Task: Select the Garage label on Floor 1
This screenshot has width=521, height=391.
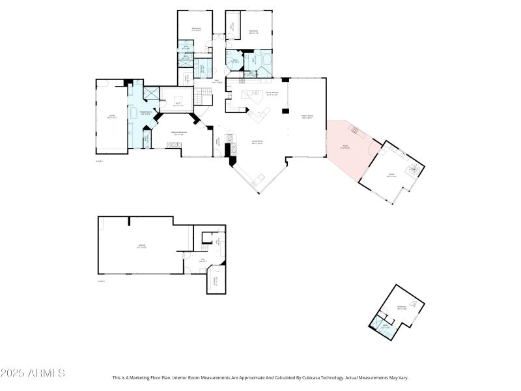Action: [x=141, y=246]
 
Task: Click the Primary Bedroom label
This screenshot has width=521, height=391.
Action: [x=179, y=133]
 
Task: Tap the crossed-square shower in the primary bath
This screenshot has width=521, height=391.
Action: [x=152, y=94]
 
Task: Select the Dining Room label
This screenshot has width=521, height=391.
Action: [x=307, y=117]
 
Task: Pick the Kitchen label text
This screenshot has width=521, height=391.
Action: [x=272, y=94]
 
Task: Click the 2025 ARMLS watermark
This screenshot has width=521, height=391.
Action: [x=33, y=373]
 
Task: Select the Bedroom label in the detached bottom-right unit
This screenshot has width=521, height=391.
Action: [x=402, y=308]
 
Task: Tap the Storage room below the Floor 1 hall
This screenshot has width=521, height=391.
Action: [x=216, y=282]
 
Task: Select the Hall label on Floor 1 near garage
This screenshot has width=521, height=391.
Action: [x=203, y=261]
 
